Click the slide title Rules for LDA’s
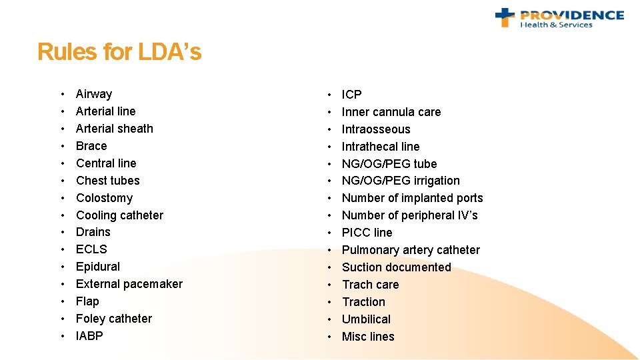(x=119, y=52)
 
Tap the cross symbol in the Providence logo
(x=505, y=17)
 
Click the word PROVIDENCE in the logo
(x=572, y=15)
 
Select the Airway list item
(x=94, y=94)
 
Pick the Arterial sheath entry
(x=115, y=129)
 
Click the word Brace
(x=91, y=146)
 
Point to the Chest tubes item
(x=108, y=181)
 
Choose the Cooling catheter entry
(x=119, y=215)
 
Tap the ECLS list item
(x=91, y=249)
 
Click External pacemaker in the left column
(x=129, y=284)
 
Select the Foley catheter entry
(x=114, y=319)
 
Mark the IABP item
(x=90, y=336)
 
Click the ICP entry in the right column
(x=351, y=95)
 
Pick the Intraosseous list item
(x=376, y=129)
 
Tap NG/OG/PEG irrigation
(x=401, y=181)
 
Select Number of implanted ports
(x=412, y=198)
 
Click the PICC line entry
(x=367, y=233)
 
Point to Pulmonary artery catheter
(x=411, y=250)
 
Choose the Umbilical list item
(x=366, y=319)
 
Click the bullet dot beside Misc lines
(x=329, y=337)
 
